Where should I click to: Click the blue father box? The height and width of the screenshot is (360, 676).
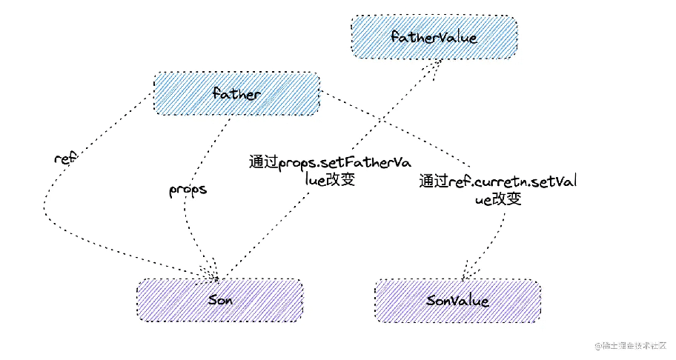pos(236,93)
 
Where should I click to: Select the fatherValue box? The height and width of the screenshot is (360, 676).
pos(434,37)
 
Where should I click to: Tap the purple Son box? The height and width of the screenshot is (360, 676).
pos(220,300)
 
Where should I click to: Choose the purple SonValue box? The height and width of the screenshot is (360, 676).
pos(457,301)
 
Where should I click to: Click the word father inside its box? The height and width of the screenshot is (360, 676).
pos(236,93)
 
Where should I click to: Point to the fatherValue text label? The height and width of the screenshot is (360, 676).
pos(434,37)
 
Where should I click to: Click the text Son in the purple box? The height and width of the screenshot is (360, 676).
pos(220,300)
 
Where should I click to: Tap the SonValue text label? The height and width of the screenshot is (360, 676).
pos(457,301)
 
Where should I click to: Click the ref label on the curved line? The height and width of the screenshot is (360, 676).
pos(65,158)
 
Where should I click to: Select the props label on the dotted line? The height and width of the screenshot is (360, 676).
pos(188,190)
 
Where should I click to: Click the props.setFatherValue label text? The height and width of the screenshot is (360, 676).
pos(330,170)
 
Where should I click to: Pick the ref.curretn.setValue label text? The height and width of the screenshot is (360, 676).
pos(498,190)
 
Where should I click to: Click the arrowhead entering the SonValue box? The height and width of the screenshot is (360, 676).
pos(466,271)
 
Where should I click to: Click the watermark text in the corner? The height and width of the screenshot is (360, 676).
pos(630,345)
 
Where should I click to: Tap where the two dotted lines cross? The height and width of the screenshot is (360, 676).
pos(381,119)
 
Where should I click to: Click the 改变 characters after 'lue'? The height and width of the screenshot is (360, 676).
pos(340,179)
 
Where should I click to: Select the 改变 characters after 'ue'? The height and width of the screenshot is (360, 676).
pos(506,199)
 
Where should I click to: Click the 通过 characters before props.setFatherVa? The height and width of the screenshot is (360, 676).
pos(263,162)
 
